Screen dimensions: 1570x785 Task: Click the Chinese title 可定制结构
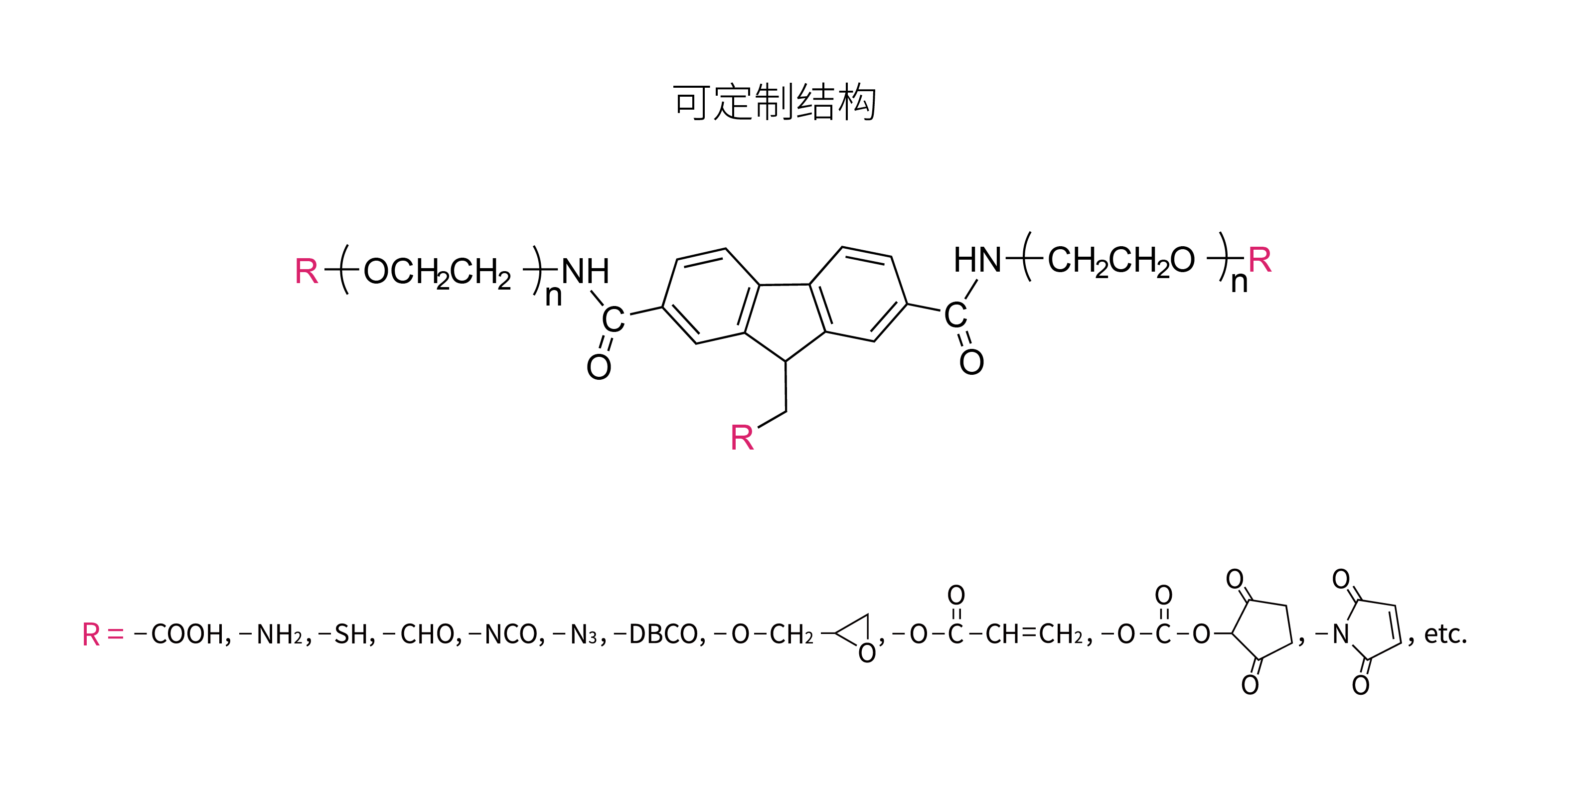click(x=775, y=102)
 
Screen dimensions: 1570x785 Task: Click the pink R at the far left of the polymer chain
click(x=307, y=271)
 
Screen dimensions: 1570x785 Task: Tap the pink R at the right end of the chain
click(x=1260, y=260)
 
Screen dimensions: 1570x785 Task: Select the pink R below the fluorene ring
click(x=742, y=438)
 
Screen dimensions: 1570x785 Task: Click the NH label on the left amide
click(x=585, y=271)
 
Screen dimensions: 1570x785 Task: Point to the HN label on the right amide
click(x=977, y=260)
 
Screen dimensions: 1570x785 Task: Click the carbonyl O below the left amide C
click(x=599, y=367)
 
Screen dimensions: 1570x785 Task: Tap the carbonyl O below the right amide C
click(x=971, y=362)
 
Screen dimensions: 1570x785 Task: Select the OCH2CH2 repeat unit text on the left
click(x=437, y=273)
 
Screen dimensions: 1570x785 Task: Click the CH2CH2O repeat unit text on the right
click(x=1121, y=262)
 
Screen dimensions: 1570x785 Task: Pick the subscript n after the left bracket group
click(x=553, y=296)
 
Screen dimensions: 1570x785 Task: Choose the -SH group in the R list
click(x=346, y=634)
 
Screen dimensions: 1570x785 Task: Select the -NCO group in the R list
click(x=506, y=634)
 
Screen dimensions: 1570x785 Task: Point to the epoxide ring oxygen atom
click(x=867, y=653)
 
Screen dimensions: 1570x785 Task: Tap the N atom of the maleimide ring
click(x=1340, y=634)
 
